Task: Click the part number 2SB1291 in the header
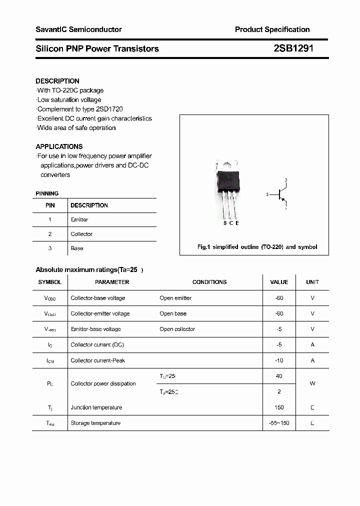click(x=293, y=48)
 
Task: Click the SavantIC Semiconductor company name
click(x=78, y=29)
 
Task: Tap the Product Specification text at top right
click(x=272, y=29)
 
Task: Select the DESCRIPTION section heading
click(x=57, y=81)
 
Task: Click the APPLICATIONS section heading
click(x=59, y=146)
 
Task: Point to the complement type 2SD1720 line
click(x=80, y=109)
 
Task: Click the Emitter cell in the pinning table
click(x=79, y=219)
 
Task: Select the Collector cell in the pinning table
click(x=81, y=234)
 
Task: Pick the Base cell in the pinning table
click(x=77, y=248)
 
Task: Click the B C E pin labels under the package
click(x=230, y=223)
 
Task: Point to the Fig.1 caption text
click(x=257, y=247)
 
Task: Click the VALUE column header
click(x=279, y=282)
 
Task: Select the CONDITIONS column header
click(x=209, y=282)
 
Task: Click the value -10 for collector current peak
click(x=279, y=360)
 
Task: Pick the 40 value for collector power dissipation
click(x=279, y=376)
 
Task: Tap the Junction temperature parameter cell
click(x=96, y=407)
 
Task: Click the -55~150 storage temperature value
click(x=279, y=423)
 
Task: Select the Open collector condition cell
click(x=177, y=329)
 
